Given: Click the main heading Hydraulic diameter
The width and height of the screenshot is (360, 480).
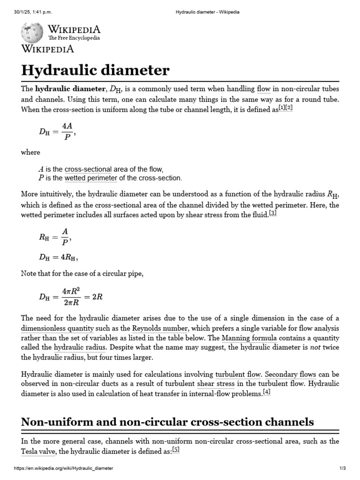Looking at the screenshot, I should [x=95, y=70].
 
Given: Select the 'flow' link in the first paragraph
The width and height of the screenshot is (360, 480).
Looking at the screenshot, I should [x=264, y=89].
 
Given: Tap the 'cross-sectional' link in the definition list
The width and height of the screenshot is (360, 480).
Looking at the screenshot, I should [x=88, y=169].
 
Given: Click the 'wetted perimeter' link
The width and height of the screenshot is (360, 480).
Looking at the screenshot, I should [x=91, y=178].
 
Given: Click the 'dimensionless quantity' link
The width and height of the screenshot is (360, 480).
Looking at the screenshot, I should [x=58, y=328].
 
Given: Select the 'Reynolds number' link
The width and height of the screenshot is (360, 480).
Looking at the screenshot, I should [x=160, y=328].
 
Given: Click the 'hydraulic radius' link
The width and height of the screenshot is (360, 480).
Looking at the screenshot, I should [x=80, y=347].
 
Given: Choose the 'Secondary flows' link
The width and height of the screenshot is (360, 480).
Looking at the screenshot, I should [x=291, y=374].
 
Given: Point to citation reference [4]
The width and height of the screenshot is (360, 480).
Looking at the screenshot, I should [x=267, y=392].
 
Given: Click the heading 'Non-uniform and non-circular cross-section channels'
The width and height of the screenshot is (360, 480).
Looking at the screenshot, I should [x=167, y=421].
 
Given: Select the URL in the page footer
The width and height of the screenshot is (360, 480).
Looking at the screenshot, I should [x=64, y=469].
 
